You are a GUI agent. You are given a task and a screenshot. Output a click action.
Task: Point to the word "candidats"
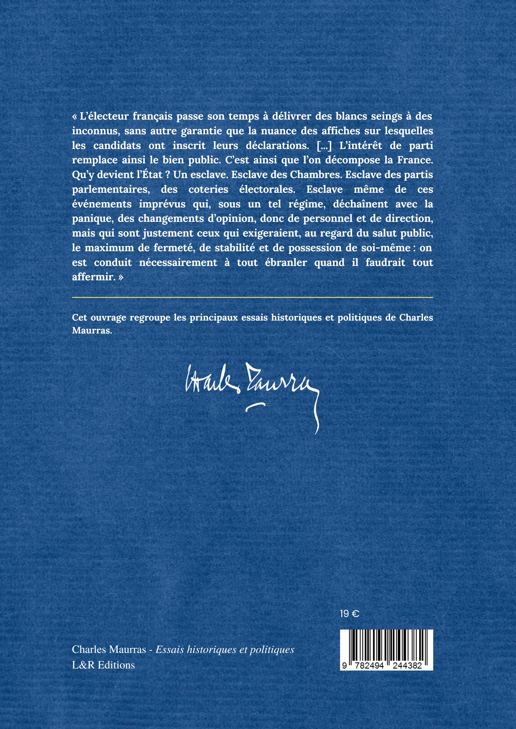click(117, 145)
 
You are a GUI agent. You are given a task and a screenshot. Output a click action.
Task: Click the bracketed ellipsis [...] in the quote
click(324, 145)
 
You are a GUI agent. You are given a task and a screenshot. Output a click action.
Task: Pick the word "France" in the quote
click(415, 160)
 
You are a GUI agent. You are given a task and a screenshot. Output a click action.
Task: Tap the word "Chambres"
click(315, 175)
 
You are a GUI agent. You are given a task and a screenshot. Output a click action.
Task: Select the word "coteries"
click(208, 189)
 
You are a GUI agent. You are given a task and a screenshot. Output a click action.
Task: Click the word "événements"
click(102, 204)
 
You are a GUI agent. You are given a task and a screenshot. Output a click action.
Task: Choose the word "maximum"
click(109, 248)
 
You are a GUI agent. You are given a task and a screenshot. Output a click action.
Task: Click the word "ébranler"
click(286, 263)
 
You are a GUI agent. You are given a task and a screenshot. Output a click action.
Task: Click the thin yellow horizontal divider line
click(252, 297)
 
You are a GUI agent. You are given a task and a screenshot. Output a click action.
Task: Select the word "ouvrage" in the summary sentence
click(109, 318)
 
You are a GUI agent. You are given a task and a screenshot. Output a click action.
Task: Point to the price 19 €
click(349, 614)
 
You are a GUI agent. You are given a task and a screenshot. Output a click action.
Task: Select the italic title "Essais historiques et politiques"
click(224, 649)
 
